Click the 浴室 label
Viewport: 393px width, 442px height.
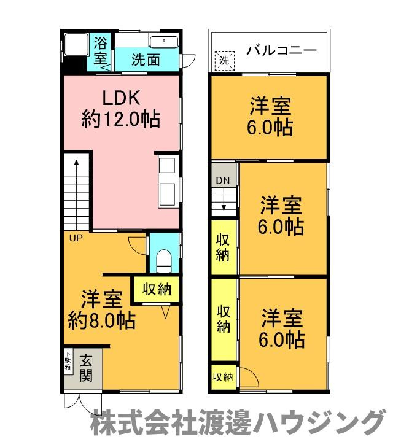pyautogui.click(x=100, y=51)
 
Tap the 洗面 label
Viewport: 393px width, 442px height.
pyautogui.click(x=146, y=60)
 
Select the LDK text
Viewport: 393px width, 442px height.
pyautogui.click(x=121, y=98)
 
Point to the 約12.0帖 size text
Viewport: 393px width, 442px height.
pyautogui.click(x=121, y=118)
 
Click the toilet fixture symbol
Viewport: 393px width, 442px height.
pyautogui.click(x=164, y=260)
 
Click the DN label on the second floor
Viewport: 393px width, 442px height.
pyautogui.click(x=222, y=180)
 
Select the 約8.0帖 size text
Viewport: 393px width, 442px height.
pyautogui.click(x=102, y=320)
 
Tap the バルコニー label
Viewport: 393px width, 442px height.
pyautogui.click(x=282, y=50)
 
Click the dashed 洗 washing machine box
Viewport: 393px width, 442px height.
pyautogui.click(x=225, y=60)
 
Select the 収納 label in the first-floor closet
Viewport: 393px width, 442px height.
pyautogui.click(x=157, y=289)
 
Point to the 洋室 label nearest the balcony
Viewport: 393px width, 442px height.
pyautogui.click(x=270, y=106)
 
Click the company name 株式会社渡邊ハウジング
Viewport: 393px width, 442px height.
pyautogui.click(x=236, y=424)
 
